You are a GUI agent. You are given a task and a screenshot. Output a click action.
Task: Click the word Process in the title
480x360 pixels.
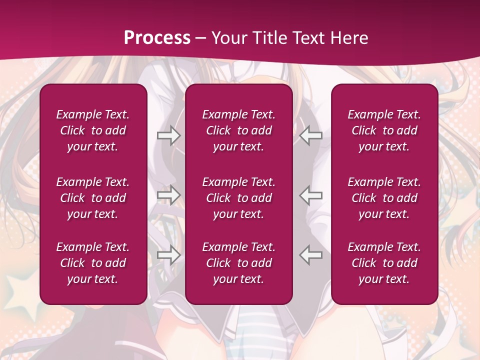[157, 37]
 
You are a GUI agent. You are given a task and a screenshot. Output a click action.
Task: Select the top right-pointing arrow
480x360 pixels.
[168, 135]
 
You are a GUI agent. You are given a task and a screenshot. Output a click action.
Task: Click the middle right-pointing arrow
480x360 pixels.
[168, 195]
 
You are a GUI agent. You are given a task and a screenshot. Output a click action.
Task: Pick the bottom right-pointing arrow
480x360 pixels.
[168, 255]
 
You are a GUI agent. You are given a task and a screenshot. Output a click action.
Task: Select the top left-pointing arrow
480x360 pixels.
[311, 135]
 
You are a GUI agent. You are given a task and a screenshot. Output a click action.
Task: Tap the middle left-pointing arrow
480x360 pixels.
[311, 195]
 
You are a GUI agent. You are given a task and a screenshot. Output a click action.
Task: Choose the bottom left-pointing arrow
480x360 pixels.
[311, 255]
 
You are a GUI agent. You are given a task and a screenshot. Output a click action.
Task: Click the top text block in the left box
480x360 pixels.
[93, 130]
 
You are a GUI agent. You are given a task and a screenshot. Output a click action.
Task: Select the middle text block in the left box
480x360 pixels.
[93, 198]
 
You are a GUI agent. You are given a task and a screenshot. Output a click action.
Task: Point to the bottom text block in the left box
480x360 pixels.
[93, 263]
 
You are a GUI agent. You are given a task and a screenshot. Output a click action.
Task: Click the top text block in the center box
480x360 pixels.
[238, 130]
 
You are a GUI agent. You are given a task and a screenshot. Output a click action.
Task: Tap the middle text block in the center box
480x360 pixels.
[238, 198]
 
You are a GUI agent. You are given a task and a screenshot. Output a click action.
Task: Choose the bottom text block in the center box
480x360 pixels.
[238, 263]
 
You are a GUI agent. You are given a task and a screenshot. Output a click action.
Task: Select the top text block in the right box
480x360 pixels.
[384, 130]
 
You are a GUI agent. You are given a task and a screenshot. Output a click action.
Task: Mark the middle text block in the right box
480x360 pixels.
[384, 198]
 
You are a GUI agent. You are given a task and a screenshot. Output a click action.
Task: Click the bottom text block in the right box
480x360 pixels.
[384, 263]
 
